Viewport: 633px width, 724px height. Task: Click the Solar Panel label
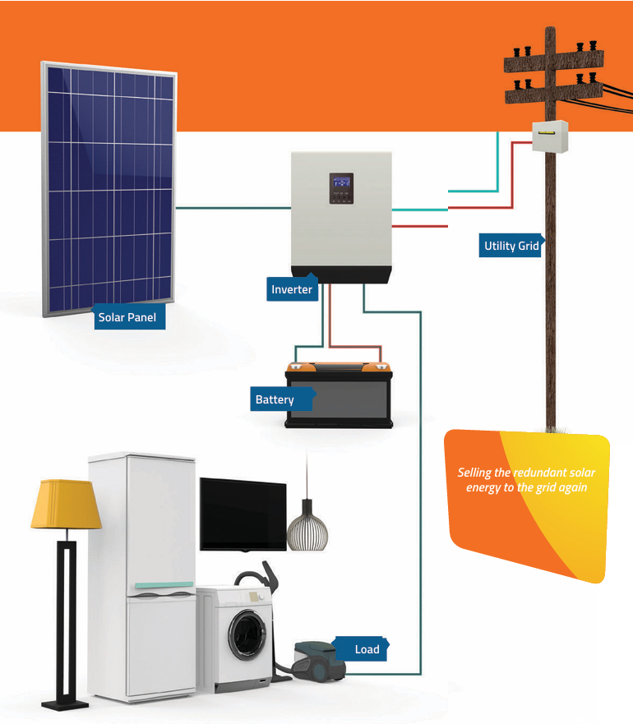click(x=127, y=317)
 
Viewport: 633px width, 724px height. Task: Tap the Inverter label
click(x=293, y=289)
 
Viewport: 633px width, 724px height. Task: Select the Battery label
click(x=275, y=399)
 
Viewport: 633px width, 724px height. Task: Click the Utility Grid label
click(x=511, y=246)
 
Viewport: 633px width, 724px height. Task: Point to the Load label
click(x=367, y=649)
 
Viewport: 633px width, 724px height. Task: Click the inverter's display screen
click(x=341, y=188)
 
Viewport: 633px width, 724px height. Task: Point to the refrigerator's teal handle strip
click(x=164, y=585)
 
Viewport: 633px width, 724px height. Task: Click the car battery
click(x=339, y=398)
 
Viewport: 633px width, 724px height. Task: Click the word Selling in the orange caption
click(x=475, y=473)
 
